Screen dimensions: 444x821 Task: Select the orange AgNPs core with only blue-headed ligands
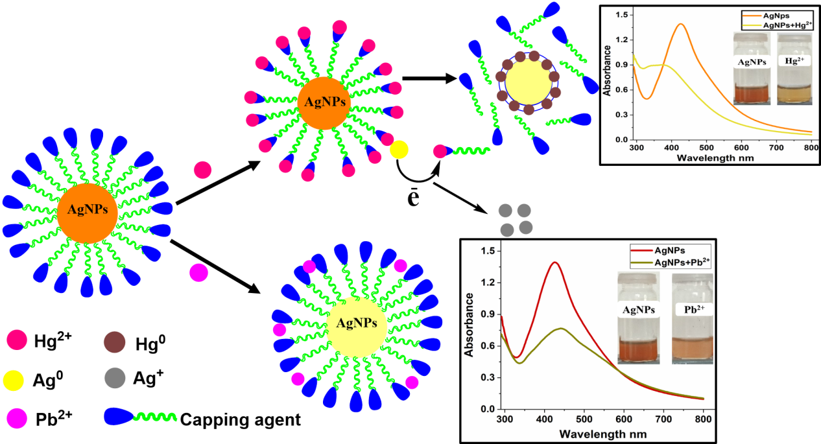pyautogui.click(x=87, y=213)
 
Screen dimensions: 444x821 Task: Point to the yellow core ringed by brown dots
pyautogui.click(x=529, y=83)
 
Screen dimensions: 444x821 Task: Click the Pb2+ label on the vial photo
pyautogui.click(x=693, y=309)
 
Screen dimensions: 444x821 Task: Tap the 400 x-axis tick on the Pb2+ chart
pyautogui.click(x=544, y=420)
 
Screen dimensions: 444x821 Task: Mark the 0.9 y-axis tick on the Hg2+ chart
pyautogui.click(x=623, y=65)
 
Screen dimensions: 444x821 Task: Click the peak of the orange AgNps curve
pyautogui.click(x=681, y=24)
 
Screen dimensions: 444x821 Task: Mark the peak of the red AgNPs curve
pyautogui.click(x=554, y=263)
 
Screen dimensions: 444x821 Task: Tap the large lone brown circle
pyautogui.click(x=115, y=342)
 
